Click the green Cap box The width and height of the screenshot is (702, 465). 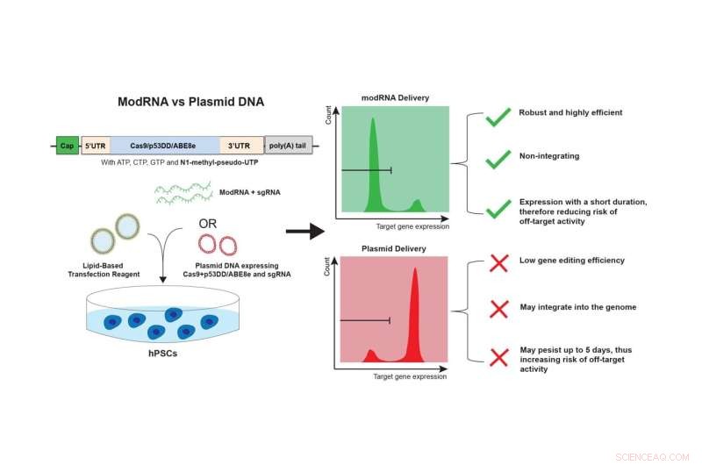[x=67, y=146]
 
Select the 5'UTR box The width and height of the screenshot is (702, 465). [x=94, y=146]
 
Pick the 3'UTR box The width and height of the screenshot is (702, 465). [x=239, y=146]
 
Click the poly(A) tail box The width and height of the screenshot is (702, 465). [x=289, y=146]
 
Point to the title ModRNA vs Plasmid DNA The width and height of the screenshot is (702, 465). [x=190, y=102]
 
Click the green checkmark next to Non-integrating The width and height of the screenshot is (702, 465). [x=498, y=159]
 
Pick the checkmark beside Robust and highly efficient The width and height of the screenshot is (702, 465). [x=498, y=117]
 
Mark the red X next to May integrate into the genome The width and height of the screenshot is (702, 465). [x=498, y=308]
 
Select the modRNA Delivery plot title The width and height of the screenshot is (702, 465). [x=395, y=97]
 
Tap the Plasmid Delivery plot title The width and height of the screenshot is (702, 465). [x=394, y=248]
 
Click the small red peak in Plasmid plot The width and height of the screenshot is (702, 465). [x=370, y=356]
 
